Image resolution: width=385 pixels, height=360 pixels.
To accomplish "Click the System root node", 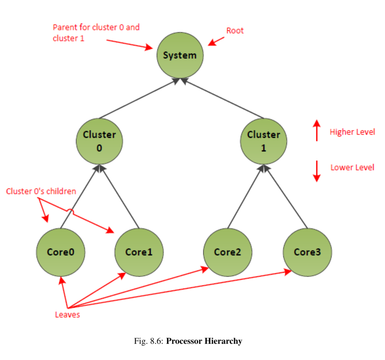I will [x=180, y=56].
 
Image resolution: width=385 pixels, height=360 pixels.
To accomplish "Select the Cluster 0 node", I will [x=99, y=141].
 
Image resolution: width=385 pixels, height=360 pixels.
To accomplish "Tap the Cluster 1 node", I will [x=263, y=141].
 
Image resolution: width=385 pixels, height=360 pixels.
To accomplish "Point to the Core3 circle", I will [x=307, y=252].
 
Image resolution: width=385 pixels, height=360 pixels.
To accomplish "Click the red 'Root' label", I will [x=235, y=31].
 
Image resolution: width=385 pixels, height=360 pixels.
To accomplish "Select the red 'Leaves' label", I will [x=67, y=315].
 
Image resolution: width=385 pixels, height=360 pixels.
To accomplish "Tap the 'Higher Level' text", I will [x=352, y=132].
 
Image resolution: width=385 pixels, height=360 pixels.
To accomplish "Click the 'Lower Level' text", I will [x=352, y=168].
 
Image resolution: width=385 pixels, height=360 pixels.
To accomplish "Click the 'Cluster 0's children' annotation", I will [x=41, y=191].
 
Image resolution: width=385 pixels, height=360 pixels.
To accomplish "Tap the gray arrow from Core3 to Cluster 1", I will [x=287, y=197].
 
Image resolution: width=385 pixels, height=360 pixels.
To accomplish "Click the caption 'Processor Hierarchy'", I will [x=204, y=341].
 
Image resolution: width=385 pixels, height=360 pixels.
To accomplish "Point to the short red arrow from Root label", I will [x=217, y=41].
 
